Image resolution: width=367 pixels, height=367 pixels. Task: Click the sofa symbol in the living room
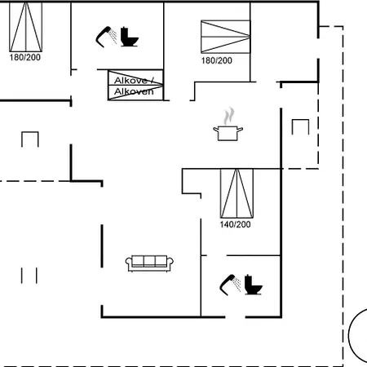pyautogui.click(x=149, y=263)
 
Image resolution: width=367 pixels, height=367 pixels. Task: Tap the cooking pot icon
pyautogui.click(x=228, y=133)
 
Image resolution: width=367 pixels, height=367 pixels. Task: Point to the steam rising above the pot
pyautogui.click(x=229, y=117)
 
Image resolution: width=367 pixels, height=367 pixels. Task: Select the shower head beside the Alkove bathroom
pyautogui.click(x=106, y=37)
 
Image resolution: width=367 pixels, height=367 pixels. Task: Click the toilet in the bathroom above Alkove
pyautogui.click(x=130, y=37)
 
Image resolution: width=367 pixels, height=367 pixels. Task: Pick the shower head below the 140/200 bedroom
pyautogui.click(x=230, y=285)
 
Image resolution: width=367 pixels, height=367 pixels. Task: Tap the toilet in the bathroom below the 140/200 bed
pyautogui.click(x=254, y=285)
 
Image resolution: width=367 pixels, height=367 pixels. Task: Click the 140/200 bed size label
pyautogui.click(x=235, y=224)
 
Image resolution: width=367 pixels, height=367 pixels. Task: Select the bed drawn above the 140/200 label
pyautogui.click(x=237, y=193)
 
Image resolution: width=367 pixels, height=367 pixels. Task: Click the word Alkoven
pyautogui.click(x=134, y=91)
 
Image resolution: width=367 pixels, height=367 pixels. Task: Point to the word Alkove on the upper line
pyautogui.click(x=130, y=81)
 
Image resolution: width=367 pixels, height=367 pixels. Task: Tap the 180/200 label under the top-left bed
pyautogui.click(x=25, y=57)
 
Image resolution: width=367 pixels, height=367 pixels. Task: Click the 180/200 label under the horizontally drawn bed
pyautogui.click(x=217, y=60)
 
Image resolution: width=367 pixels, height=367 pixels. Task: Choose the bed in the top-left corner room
pyautogui.click(x=26, y=27)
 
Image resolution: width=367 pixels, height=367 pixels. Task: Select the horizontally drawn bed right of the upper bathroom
pyautogui.click(x=225, y=37)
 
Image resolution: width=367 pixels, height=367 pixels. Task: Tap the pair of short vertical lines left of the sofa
pyautogui.click(x=29, y=276)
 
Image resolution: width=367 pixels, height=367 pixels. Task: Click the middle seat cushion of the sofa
pyautogui.click(x=149, y=261)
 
